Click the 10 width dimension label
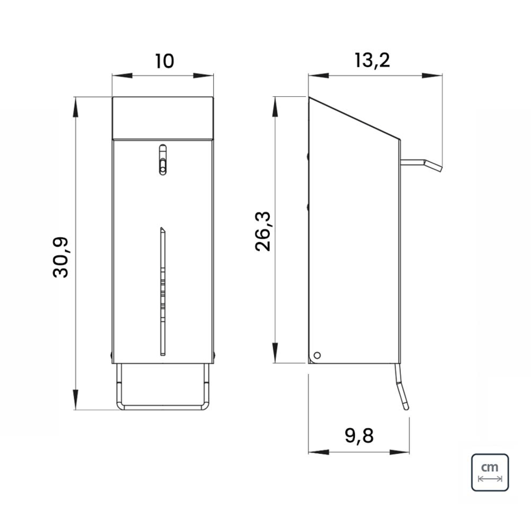point(164,61)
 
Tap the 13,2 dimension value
point(372,61)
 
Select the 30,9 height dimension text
point(61,257)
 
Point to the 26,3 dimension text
point(263,231)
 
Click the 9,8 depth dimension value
point(359,436)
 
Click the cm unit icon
point(490,473)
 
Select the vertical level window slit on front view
point(163,291)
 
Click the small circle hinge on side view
point(317,355)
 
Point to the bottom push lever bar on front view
point(163,406)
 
